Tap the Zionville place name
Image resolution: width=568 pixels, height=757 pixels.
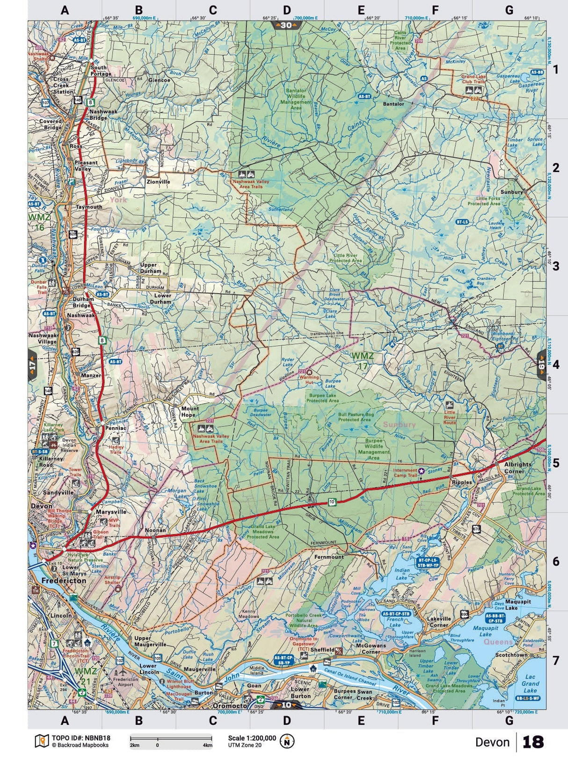pos(158,182)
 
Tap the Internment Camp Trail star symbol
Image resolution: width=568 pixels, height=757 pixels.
pos(421,471)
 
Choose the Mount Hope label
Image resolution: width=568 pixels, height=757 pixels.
pos(189,412)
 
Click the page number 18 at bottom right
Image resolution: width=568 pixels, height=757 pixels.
pos(533,742)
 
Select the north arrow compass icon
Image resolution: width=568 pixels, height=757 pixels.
pos(287,741)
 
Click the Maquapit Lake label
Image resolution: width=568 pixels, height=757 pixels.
pos(485,631)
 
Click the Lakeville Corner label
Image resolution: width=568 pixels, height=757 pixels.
pos(438,621)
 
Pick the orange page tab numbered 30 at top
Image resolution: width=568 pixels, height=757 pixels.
pos(286,25)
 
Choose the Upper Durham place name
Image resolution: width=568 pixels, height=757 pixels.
pos(151,268)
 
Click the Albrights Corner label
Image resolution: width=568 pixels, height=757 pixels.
pos(517,468)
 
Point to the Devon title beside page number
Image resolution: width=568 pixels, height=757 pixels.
pos(492,742)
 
